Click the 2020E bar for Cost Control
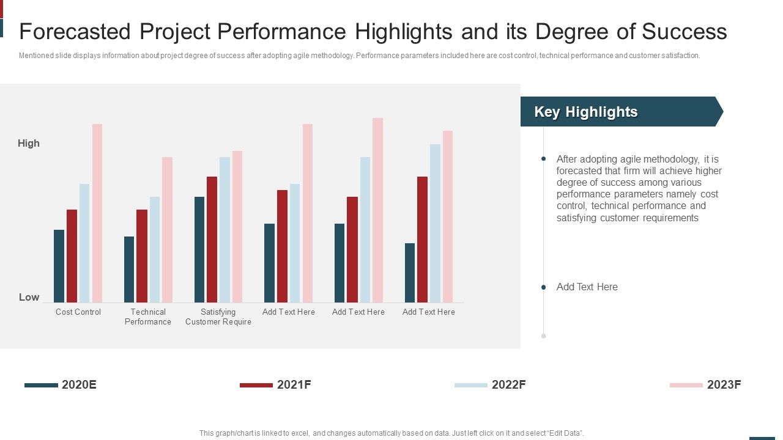(59, 266)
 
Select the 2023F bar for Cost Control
(97, 213)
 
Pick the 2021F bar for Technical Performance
(142, 256)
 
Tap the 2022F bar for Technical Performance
(155, 249)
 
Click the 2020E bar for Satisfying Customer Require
(199, 249)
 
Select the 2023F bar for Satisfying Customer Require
(237, 227)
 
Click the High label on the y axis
(29, 143)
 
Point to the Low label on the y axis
(29, 297)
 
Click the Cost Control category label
(78, 312)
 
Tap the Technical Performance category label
(148, 317)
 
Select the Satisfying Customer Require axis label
(218, 317)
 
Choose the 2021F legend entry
(276, 384)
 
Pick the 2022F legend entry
(491, 384)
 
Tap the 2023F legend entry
(706, 384)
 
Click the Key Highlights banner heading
(586, 112)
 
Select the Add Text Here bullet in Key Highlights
(587, 287)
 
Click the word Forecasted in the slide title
(75, 31)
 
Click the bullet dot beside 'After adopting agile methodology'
(543, 159)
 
